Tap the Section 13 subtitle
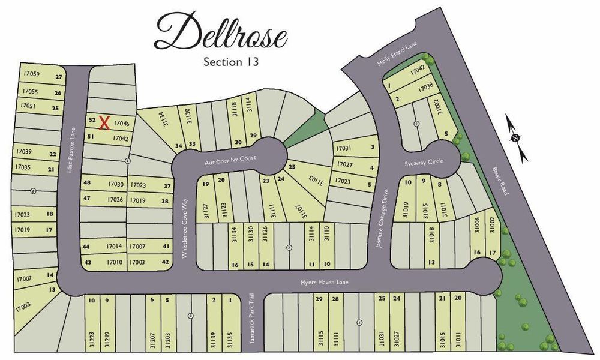point(231,61)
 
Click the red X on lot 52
point(104,122)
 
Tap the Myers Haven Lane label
point(325,282)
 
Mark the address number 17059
point(31,74)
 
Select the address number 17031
point(343,148)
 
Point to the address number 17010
point(115,262)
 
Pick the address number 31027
point(396,340)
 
